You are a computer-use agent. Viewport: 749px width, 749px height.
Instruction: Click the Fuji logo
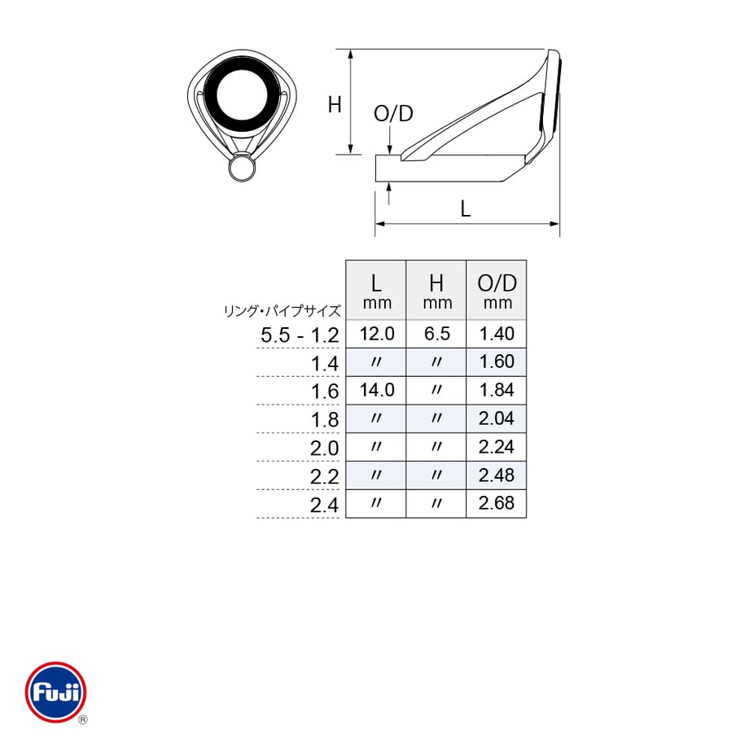click(56, 692)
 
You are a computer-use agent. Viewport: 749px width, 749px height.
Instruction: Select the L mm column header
click(376, 290)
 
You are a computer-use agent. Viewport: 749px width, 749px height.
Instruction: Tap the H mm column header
click(436, 290)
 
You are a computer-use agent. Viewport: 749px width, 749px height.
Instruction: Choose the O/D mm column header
click(497, 290)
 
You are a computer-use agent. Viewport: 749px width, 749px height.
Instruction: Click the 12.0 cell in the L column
click(377, 334)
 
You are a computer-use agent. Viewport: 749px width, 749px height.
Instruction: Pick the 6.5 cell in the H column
click(437, 334)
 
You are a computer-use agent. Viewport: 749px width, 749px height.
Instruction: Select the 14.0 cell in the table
click(377, 390)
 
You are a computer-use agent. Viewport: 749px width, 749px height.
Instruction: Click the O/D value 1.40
click(497, 334)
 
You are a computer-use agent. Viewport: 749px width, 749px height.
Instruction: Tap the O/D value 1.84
click(497, 390)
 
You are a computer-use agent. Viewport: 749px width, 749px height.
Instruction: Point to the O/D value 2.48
click(497, 475)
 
